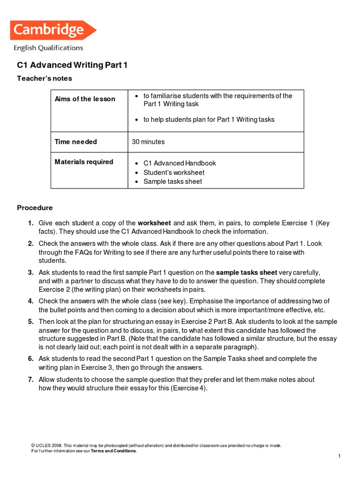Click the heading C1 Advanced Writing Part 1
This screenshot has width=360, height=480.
coord(72,65)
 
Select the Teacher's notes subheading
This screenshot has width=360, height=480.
coord(45,78)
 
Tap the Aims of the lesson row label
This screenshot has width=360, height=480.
coord(85,99)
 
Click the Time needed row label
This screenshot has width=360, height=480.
coord(76,142)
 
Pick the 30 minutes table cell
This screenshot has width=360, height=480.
coord(149,142)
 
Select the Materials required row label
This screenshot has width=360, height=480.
coord(84,162)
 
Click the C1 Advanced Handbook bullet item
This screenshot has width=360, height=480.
coord(180,163)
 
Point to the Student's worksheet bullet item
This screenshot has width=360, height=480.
coord(174,172)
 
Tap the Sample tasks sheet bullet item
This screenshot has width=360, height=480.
coord(172,181)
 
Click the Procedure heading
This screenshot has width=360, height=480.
coord(35,208)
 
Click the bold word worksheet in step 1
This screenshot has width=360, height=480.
coord(154,223)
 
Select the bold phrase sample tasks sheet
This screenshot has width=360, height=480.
coord(247,272)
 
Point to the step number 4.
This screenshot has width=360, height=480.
coord(30,301)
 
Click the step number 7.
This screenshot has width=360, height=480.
coord(30,379)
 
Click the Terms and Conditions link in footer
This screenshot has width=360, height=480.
coord(114,450)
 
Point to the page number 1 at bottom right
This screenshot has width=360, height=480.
coord(339,456)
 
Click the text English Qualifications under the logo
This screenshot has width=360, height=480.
coord(48,48)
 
